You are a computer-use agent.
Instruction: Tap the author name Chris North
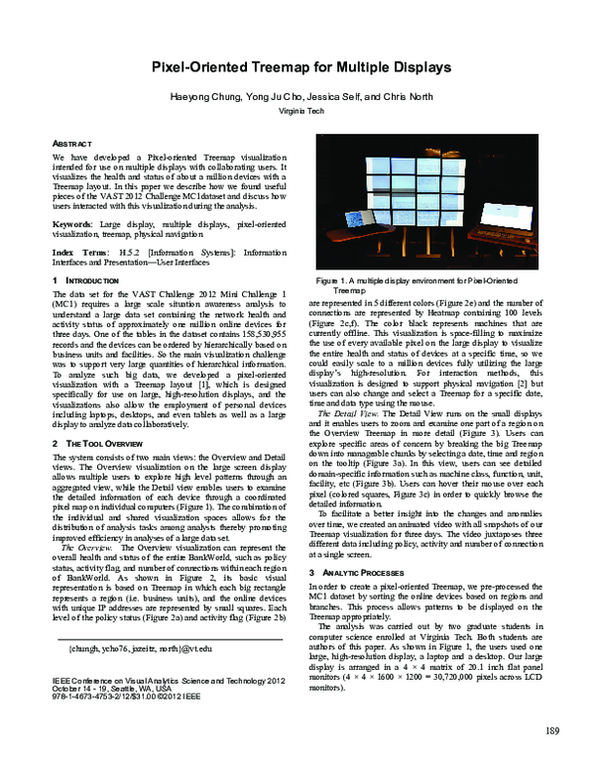tap(396, 98)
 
